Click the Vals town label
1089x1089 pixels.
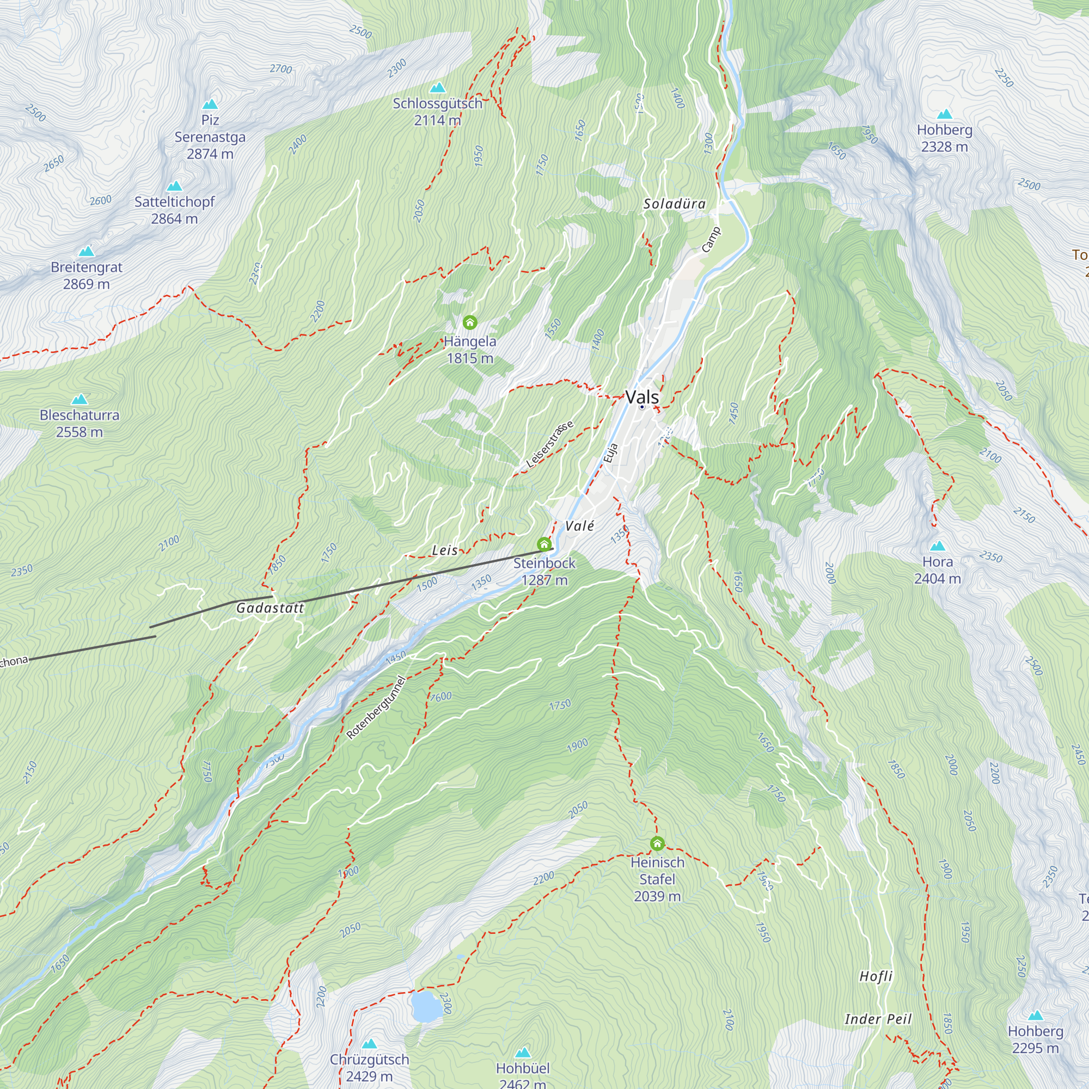(642, 397)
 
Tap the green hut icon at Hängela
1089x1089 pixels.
(469, 322)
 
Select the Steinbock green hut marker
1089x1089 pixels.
(544, 544)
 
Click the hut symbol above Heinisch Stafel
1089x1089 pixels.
(657, 844)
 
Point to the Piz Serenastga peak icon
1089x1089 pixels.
(210, 105)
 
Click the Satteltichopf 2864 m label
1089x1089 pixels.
(174, 210)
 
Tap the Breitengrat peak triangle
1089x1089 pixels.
(86, 252)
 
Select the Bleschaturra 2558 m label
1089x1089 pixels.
(79, 423)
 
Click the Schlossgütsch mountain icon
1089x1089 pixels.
(437, 88)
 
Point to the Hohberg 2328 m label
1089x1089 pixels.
(944, 138)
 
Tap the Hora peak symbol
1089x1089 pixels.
(938, 546)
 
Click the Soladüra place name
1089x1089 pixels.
(674, 204)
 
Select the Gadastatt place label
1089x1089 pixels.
(270, 608)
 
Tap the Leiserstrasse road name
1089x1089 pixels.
(549, 444)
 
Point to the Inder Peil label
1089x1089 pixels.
(878, 1019)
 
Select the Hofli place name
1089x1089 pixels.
(876, 976)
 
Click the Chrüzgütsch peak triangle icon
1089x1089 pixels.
(369, 1044)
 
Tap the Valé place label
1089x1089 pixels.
(579, 526)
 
